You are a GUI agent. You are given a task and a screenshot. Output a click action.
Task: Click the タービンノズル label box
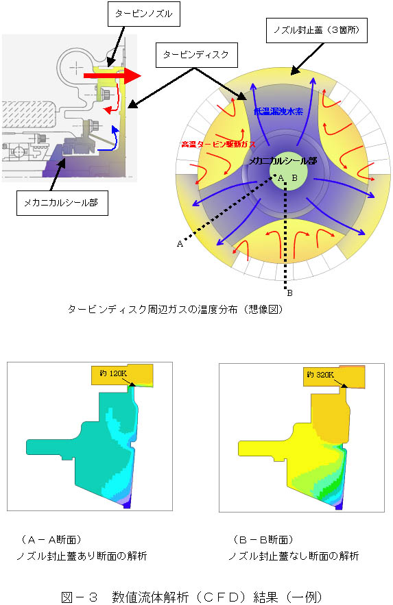[144, 14]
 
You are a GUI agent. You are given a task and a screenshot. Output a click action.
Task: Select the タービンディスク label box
[196, 55]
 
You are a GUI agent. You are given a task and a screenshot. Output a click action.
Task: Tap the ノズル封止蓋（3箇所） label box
[317, 29]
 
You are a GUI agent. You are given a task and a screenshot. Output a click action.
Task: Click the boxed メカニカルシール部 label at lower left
[62, 203]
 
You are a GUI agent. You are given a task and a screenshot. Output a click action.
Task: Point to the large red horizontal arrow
[112, 75]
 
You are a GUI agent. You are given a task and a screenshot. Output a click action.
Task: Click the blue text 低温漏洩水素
[278, 112]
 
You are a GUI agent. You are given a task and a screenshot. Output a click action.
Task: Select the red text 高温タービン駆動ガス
[219, 145]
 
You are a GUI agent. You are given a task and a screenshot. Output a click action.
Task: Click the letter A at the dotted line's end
[180, 244]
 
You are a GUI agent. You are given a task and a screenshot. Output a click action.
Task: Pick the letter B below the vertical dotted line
[290, 293]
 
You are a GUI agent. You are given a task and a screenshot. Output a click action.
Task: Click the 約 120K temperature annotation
[113, 373]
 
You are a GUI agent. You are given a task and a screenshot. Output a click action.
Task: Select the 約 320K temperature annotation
[320, 375]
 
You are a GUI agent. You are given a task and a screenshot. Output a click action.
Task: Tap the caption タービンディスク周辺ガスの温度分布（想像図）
[176, 309]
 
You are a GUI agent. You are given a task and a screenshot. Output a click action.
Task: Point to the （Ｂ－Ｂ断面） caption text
[263, 539]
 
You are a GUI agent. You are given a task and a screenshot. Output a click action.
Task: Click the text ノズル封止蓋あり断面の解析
[82, 556]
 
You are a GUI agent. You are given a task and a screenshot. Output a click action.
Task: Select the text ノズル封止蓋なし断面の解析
[294, 556]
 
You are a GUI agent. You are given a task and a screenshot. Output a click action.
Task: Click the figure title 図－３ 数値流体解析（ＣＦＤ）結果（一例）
[192, 597]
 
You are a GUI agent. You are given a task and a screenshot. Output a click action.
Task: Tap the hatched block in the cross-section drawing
[28, 116]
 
